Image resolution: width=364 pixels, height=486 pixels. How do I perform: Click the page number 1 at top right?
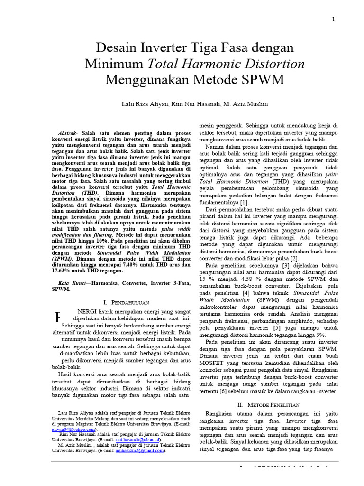click(333, 19)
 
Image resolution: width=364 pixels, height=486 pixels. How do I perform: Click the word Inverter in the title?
click(155, 48)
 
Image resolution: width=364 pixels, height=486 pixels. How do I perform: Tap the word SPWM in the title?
click(264, 79)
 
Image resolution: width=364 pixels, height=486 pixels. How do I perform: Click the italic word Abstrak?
click(68, 134)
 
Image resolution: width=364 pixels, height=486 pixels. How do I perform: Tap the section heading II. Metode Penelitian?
click(269, 405)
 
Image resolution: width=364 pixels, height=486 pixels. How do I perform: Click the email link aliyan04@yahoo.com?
click(73, 429)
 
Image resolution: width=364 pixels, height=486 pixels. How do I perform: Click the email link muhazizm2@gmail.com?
click(140, 450)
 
